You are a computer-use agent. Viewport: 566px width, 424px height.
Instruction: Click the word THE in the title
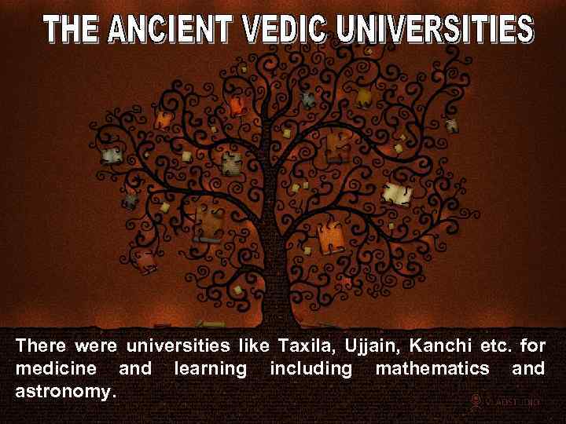72,31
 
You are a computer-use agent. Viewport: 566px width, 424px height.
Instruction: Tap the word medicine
56,367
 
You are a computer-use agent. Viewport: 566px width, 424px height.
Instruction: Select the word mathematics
429,367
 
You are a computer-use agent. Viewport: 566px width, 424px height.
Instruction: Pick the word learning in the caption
208,367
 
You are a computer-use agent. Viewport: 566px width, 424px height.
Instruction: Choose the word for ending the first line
532,346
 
